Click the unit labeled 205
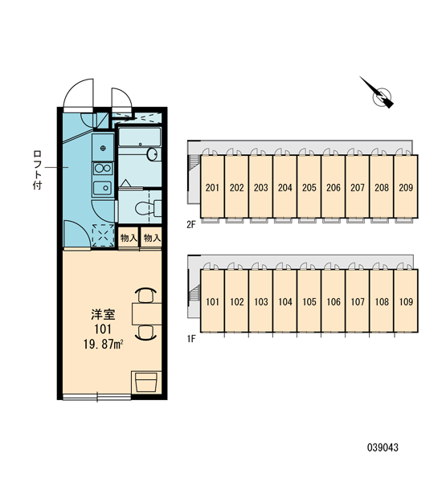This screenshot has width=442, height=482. (309, 187)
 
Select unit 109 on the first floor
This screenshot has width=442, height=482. (406, 301)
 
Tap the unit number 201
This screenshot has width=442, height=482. (212, 187)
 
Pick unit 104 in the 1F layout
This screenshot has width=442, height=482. (284, 301)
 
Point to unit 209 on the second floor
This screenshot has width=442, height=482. (406, 187)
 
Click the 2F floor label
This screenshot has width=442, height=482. (191, 225)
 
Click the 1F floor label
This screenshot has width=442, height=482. (191, 339)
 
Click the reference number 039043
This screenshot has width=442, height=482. (383, 447)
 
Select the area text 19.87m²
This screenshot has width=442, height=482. (104, 345)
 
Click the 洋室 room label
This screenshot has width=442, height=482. (103, 314)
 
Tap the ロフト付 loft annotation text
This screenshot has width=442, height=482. (37, 170)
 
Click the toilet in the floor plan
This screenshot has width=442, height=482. (148, 208)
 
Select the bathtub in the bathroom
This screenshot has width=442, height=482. (140, 137)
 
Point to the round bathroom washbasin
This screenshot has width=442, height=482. (152, 154)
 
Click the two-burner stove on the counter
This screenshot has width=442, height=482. (103, 168)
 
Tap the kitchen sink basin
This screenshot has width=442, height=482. (103, 187)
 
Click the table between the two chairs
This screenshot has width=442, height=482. (147, 313)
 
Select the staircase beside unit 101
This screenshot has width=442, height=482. (194, 293)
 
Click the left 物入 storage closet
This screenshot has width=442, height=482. (129, 238)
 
